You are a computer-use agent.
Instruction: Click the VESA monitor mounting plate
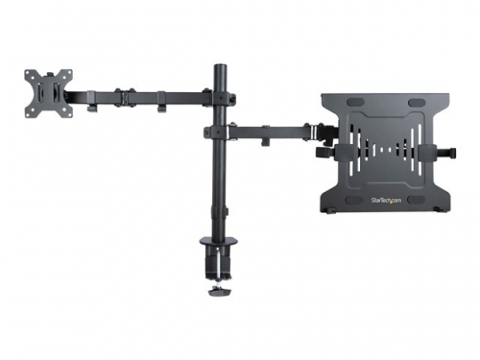click(44, 93)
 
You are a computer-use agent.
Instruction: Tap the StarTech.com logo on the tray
click(386, 201)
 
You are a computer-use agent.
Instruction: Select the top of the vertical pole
click(218, 68)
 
